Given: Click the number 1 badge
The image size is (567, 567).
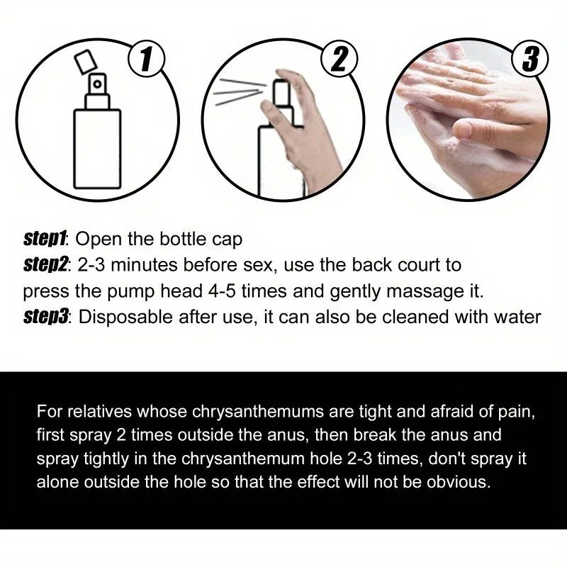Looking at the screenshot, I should point(147,60).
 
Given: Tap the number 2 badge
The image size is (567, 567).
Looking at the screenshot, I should point(339,60).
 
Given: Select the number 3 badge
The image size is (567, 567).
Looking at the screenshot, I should point(530,60).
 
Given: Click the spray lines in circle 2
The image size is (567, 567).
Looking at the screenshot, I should point(237,92).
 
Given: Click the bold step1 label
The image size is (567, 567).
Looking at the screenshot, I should point(46,239).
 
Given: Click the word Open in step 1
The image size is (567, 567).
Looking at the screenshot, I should point(105,240).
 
